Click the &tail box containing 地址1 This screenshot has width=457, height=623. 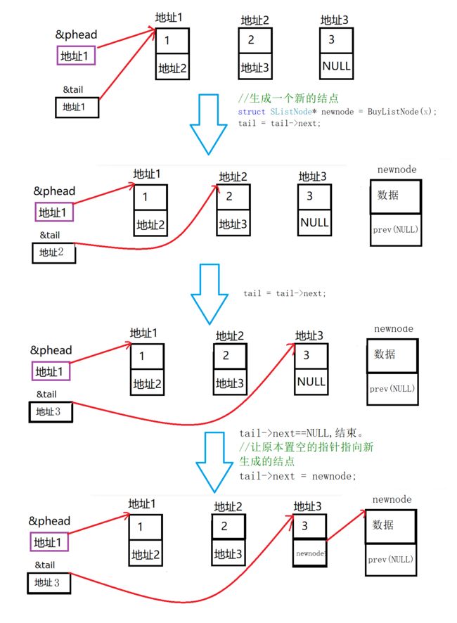click(x=77, y=108)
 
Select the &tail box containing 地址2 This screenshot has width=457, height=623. click(x=53, y=252)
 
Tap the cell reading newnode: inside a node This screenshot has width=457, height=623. click(x=310, y=553)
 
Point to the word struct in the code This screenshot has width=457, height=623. click(x=251, y=112)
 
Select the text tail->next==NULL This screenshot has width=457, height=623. click(x=284, y=433)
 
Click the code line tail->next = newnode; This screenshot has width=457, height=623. click(x=297, y=476)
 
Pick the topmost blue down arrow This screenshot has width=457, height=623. click(x=209, y=124)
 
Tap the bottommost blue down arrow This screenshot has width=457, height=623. click(x=214, y=463)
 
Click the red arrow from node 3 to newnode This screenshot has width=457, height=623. click(x=345, y=525)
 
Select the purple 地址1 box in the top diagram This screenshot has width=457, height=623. click(x=76, y=56)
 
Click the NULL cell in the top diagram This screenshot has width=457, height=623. click(x=336, y=66)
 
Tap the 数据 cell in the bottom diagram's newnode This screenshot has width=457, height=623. click(x=390, y=526)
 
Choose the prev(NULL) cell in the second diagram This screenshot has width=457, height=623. click(x=395, y=230)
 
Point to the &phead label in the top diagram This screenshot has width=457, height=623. click(x=76, y=34)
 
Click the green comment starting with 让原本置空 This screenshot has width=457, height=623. click(x=307, y=454)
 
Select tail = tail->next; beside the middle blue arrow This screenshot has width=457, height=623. click(x=285, y=293)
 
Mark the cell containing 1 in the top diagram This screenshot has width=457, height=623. click(x=172, y=41)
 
